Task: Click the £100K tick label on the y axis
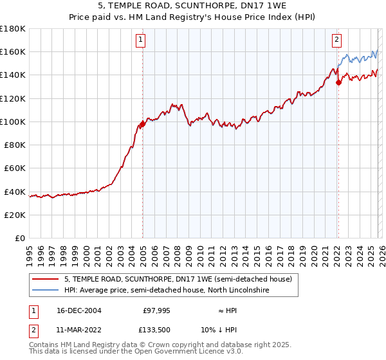point(13,122)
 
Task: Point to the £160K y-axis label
point(13,51)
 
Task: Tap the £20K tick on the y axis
point(15,215)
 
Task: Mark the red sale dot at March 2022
point(338,82)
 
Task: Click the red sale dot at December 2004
point(142,123)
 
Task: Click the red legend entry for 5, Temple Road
point(178,279)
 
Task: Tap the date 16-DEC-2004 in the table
point(79,310)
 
